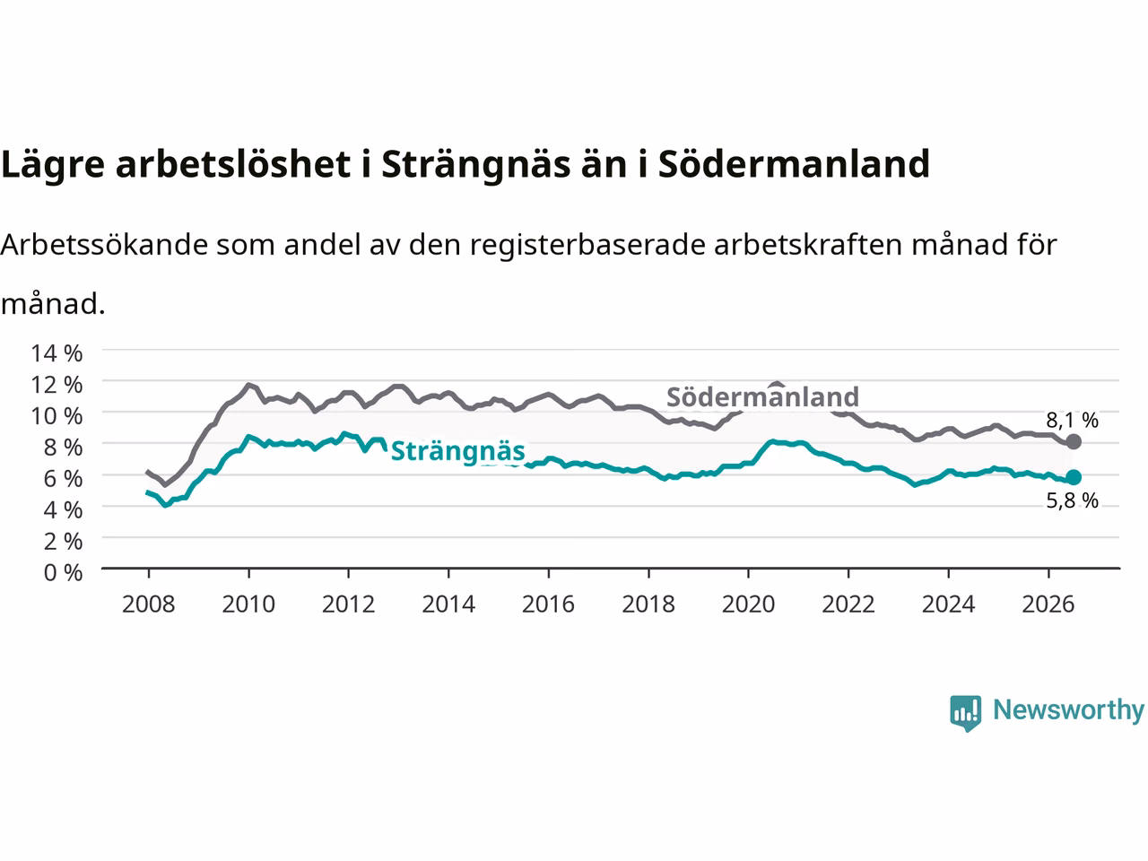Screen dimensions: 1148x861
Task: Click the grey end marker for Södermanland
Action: coord(1074,442)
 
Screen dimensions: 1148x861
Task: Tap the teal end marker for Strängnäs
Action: coord(1074,477)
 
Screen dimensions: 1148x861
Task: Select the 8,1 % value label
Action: coord(1072,420)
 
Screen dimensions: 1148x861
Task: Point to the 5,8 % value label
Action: coord(1072,500)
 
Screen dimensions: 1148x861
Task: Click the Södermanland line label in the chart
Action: coord(762,396)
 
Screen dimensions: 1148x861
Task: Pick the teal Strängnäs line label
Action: coord(457,451)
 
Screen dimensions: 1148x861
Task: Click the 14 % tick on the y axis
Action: coord(57,353)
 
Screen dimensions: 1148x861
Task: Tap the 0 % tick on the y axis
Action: coord(64,573)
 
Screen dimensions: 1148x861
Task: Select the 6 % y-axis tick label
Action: coord(64,479)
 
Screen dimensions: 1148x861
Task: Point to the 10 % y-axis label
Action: coord(57,416)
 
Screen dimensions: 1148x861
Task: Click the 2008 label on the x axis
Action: coord(149,604)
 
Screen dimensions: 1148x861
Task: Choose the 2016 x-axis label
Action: coord(548,604)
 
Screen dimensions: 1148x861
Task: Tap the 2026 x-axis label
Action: coord(1048,604)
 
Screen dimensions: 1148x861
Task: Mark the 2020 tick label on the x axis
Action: coord(748,604)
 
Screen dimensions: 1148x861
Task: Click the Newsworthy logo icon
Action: coord(965,713)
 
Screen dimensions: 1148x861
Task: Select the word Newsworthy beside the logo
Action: coord(1068,710)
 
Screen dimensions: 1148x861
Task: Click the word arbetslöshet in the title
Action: coord(232,163)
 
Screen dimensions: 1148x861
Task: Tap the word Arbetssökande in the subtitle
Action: coord(104,244)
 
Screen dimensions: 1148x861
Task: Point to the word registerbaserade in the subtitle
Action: coord(587,245)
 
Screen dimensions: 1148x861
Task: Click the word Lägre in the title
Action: coord(53,165)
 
